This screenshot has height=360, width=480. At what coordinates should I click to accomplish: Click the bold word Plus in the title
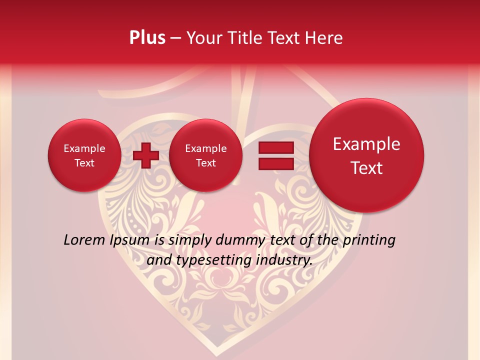click(147, 38)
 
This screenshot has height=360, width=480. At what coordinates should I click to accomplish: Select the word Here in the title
click(324, 38)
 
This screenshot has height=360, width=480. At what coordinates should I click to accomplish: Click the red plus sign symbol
click(146, 155)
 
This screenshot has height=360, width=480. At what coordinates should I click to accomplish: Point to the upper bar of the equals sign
click(276, 147)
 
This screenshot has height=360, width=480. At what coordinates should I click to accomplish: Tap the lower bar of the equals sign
click(276, 164)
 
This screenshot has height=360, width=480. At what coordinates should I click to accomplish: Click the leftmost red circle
click(84, 155)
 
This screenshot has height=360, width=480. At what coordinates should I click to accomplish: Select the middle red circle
click(205, 155)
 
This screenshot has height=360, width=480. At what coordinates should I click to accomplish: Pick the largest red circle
click(366, 155)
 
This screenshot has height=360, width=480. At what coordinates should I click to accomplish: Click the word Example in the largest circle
click(366, 144)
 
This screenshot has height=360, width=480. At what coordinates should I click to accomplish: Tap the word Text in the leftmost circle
click(84, 163)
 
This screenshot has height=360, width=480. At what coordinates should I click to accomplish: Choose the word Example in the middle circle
click(205, 148)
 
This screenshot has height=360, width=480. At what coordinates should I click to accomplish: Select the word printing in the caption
click(369, 240)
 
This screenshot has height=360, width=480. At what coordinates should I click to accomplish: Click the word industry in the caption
click(284, 260)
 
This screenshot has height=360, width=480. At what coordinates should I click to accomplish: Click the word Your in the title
click(203, 38)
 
